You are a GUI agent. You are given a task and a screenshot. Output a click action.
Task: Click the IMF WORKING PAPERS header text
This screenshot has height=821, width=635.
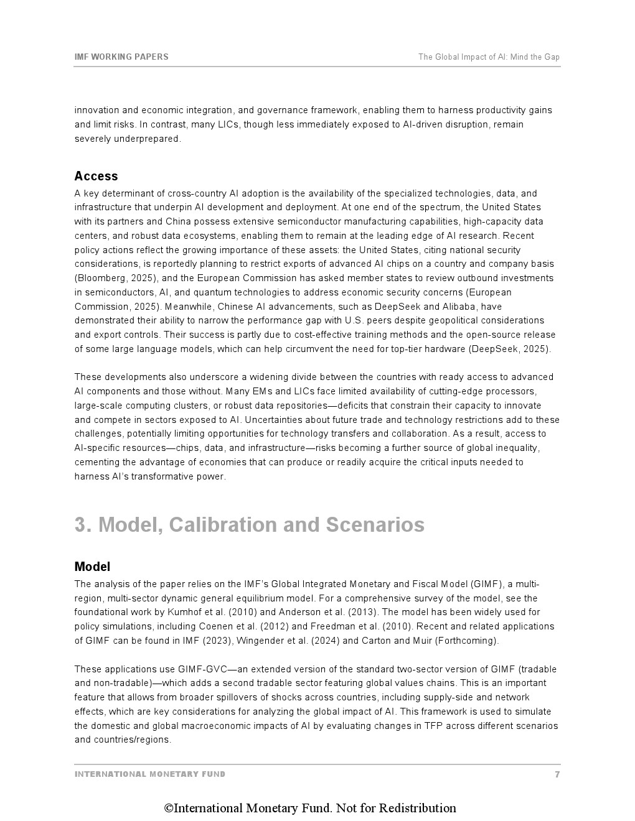(121, 57)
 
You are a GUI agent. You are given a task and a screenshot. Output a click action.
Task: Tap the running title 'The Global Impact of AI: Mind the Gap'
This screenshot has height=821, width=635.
(489, 57)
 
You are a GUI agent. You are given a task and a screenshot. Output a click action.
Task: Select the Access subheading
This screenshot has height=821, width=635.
(96, 176)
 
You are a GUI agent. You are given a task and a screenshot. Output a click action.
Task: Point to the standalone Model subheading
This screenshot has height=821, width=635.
(92, 567)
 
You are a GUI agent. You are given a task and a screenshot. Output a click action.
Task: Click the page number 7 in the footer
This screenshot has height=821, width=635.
(557, 774)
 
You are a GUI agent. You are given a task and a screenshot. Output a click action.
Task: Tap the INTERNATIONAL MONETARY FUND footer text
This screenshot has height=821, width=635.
(150, 774)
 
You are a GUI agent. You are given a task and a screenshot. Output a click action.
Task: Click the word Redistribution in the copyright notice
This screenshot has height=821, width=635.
(417, 808)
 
